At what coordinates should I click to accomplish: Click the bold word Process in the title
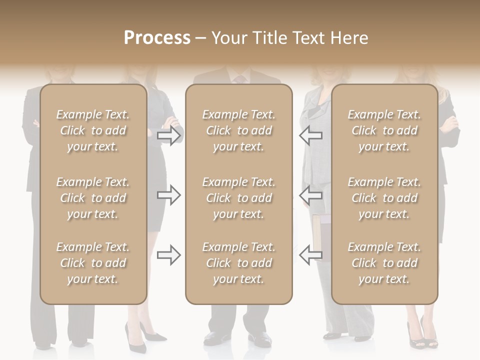click(x=157, y=38)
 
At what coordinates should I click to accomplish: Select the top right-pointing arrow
click(x=168, y=135)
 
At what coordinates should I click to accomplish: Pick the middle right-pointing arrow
click(x=168, y=195)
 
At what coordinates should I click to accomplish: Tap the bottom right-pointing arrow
click(x=168, y=255)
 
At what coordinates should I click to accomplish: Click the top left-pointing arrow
click(x=310, y=135)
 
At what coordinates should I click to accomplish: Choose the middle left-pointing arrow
click(x=310, y=195)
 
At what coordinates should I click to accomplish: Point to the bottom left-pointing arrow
click(x=310, y=255)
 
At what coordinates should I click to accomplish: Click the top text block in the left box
click(x=93, y=130)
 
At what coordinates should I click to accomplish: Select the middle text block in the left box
click(x=93, y=198)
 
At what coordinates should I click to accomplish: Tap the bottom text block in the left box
click(x=93, y=263)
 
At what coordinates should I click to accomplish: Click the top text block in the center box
click(x=238, y=130)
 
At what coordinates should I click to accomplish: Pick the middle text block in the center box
click(x=238, y=198)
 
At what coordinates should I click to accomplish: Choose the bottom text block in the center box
click(x=238, y=263)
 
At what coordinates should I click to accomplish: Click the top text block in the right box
click(x=384, y=130)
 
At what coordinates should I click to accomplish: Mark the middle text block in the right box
click(x=384, y=198)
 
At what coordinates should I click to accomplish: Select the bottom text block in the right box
click(x=384, y=263)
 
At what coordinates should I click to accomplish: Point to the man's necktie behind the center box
click(x=239, y=79)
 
